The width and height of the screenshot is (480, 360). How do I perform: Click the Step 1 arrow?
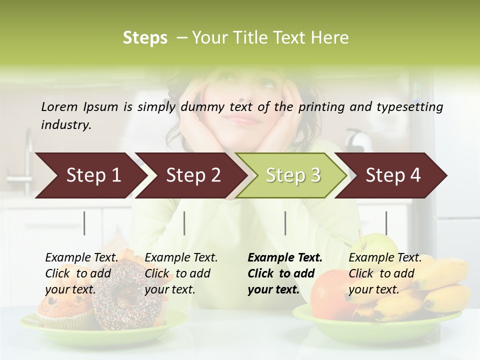click(90, 175)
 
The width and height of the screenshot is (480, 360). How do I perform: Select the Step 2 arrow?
click(192, 175)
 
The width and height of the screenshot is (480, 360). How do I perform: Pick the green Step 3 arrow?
click(292, 175)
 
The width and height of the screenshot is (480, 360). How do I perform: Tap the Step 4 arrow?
click(392, 175)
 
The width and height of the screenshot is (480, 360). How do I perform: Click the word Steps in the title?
click(145, 38)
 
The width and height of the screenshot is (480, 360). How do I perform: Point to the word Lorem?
click(59, 106)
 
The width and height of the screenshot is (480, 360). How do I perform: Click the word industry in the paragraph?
click(66, 125)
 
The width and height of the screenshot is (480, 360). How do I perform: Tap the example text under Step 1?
click(81, 273)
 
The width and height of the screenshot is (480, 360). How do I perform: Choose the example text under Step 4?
click(385, 273)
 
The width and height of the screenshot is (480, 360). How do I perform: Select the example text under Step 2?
click(181, 273)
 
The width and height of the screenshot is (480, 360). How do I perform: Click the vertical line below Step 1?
click(84, 223)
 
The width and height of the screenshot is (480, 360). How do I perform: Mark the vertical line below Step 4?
click(386, 223)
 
